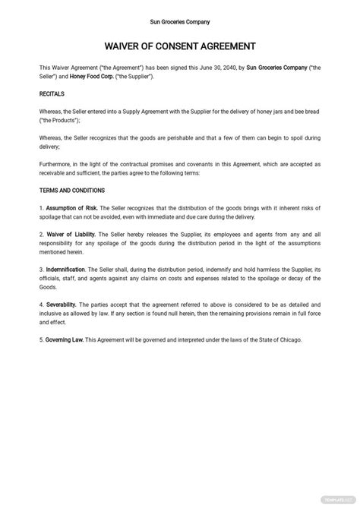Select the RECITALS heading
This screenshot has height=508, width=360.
(x=52, y=94)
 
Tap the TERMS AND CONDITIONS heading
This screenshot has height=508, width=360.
(x=71, y=191)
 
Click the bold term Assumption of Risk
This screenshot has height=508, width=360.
(x=73, y=207)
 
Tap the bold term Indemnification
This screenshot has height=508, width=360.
(x=66, y=269)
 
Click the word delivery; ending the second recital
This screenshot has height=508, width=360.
(x=49, y=147)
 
